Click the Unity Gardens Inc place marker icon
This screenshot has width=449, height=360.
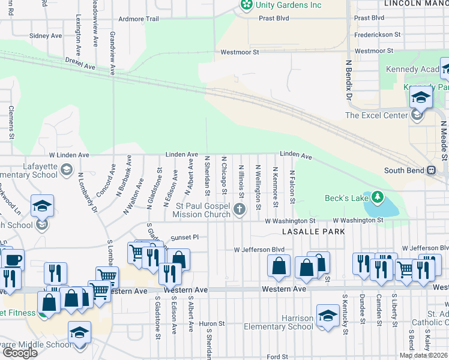pos(246,5)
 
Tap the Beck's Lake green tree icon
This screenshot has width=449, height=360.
pos(378,197)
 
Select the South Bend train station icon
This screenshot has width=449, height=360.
pos(431,170)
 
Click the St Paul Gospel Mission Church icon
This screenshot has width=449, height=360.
pos(240,209)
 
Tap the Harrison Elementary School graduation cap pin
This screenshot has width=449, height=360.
pos(328,316)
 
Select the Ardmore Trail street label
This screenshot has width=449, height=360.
pos(139,19)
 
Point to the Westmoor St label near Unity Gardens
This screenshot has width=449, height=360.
pos(239,52)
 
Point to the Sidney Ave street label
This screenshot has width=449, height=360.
pos(46,35)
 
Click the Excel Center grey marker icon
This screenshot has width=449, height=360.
pos(416,116)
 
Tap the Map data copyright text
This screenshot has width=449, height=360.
pos(423,355)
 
